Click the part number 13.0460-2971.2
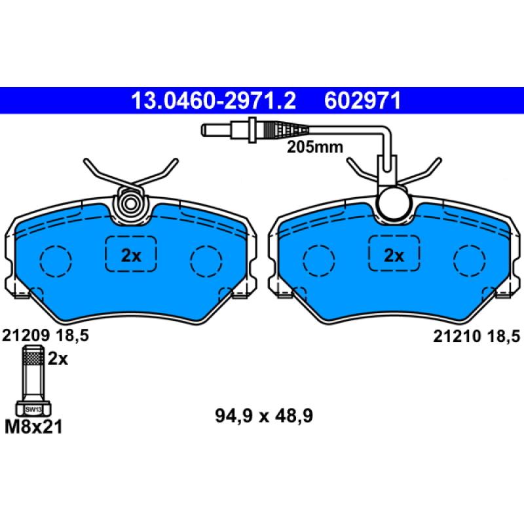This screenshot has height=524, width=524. [213, 100]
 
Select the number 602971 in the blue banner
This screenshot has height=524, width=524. [362, 100]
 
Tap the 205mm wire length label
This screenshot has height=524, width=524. [314, 147]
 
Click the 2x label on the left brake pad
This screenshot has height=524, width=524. [131, 255]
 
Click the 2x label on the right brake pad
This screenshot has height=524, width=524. [393, 255]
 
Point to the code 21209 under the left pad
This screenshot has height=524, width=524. [26, 336]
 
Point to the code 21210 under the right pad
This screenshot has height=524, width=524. [456, 336]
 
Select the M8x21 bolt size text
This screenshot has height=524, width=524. [34, 428]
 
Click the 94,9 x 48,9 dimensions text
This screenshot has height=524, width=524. [261, 415]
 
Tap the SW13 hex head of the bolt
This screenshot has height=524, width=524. [33, 409]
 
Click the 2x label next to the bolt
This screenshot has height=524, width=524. [58, 358]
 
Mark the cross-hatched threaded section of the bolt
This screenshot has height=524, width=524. [33, 359]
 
